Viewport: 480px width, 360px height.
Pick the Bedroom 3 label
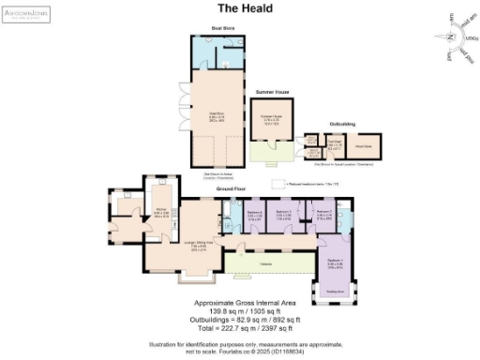click(284, 214)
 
